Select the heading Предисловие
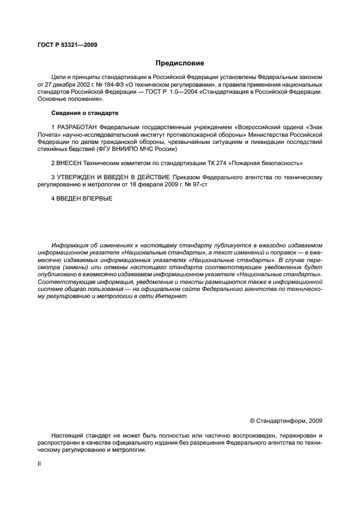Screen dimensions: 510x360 coord(180,63)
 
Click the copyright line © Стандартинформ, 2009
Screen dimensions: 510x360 coord(285,421)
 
